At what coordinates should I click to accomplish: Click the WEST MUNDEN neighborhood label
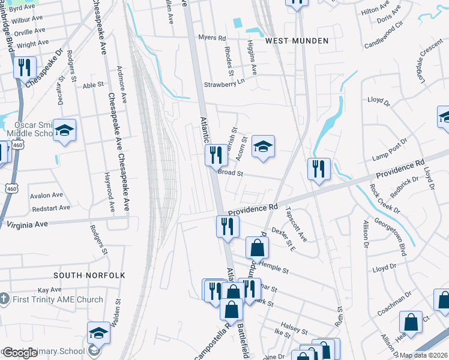pyautogui.click(x=297, y=41)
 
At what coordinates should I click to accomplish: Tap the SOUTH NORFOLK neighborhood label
pyautogui.click(x=89, y=275)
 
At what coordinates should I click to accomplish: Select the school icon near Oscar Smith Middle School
pyautogui.click(x=64, y=131)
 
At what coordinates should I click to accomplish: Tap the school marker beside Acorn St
pyautogui.click(x=262, y=146)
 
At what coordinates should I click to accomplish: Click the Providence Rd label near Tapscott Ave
pyautogui.click(x=252, y=208)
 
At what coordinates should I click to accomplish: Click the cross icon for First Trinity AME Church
pyautogui.click(x=4, y=299)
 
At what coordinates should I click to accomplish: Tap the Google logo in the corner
pyautogui.click(x=20, y=353)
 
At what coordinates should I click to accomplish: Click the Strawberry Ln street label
pyautogui.click(x=224, y=84)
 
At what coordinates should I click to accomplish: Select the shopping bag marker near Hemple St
pyautogui.click(x=257, y=247)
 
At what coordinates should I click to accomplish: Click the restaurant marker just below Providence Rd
pyautogui.click(x=228, y=226)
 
